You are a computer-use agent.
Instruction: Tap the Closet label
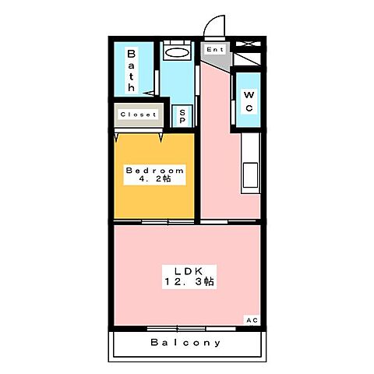(x=138, y=115)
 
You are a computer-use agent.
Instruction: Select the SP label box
(x=182, y=116)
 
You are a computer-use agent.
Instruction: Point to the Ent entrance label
(x=215, y=50)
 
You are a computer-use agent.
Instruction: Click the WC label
(x=247, y=101)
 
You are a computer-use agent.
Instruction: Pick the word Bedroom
(x=155, y=170)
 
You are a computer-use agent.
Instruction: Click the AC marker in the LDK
(x=252, y=320)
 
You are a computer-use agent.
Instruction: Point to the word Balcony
(x=185, y=342)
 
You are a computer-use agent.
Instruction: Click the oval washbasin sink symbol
(x=178, y=54)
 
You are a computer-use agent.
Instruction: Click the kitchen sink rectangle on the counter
(x=252, y=172)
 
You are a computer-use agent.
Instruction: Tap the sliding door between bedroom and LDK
(x=168, y=222)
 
